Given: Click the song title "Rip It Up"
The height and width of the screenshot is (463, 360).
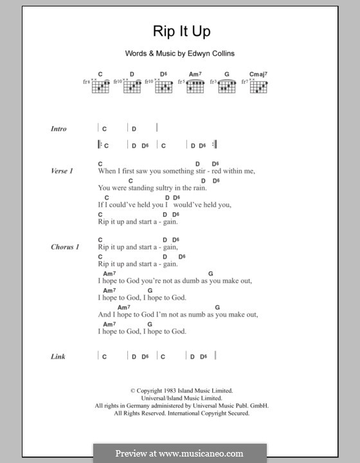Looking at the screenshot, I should click(179, 32).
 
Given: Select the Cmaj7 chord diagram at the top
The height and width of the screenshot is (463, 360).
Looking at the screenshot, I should click(258, 86).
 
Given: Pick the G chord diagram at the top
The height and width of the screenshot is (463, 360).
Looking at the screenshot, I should click(226, 86).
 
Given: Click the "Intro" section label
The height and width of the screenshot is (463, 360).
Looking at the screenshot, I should click(59, 129).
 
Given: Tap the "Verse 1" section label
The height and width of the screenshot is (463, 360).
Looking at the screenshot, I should click(62, 172).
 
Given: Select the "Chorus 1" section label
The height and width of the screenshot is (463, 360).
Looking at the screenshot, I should click(65, 247).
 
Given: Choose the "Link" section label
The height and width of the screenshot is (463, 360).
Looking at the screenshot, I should click(58, 356).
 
